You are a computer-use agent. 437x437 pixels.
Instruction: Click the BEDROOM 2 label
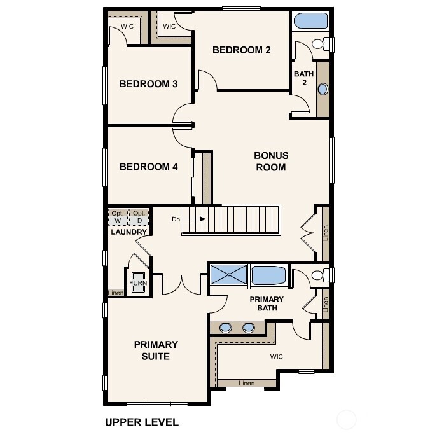tap(242, 50)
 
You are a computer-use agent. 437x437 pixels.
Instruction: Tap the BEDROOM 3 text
tap(148, 84)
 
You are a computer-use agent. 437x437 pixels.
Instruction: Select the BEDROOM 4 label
tap(148, 167)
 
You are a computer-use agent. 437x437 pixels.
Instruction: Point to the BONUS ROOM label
tap(271, 162)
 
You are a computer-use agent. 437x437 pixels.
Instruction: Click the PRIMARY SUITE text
tap(156, 350)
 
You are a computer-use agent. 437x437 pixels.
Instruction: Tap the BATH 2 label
tap(303, 78)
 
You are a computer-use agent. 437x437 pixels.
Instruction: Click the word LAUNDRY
tap(128, 232)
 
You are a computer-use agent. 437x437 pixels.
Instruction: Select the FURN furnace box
tap(138, 284)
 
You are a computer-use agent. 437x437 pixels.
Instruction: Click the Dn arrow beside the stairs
tap(198, 219)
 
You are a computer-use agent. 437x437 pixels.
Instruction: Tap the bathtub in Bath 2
tap(311, 20)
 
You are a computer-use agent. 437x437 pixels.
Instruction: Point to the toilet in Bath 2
tap(325, 44)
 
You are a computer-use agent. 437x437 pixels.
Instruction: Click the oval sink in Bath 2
tap(323, 89)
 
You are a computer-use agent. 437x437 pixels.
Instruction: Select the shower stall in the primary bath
tap(229, 275)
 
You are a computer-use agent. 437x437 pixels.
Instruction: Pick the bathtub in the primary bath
tap(268, 275)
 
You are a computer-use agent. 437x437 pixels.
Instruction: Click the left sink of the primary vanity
tap(226, 328)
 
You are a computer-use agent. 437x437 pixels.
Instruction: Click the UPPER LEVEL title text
tap(141, 422)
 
